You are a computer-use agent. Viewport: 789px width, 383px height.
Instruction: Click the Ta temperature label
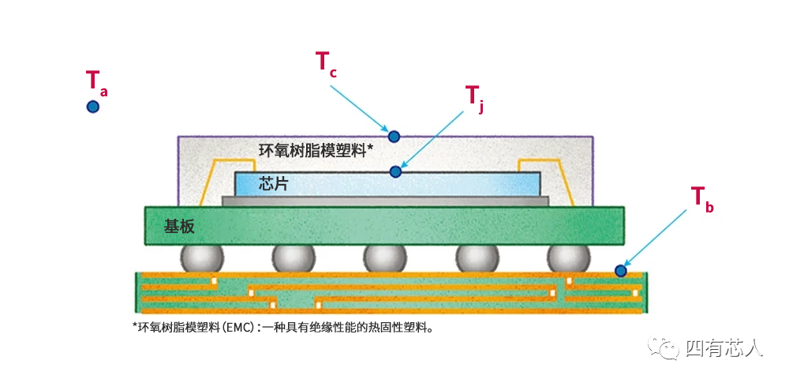(x=96, y=81)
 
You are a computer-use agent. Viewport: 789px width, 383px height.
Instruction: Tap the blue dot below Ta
(x=92, y=107)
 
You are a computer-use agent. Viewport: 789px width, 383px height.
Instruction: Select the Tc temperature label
(x=326, y=63)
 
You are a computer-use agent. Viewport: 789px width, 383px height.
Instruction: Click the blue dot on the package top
(x=394, y=136)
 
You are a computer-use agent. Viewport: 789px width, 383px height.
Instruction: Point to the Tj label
(x=474, y=97)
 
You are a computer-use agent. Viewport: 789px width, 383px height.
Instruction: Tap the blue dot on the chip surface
(x=396, y=172)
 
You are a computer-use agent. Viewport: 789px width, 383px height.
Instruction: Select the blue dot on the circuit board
(x=621, y=271)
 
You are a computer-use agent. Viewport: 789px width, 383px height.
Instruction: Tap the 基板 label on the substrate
(x=179, y=227)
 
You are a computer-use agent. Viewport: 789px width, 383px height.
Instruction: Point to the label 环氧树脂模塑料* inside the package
(x=316, y=151)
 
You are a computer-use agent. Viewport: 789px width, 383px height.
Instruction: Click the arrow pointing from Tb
(x=655, y=238)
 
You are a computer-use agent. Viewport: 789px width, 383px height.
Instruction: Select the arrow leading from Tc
(x=359, y=109)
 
